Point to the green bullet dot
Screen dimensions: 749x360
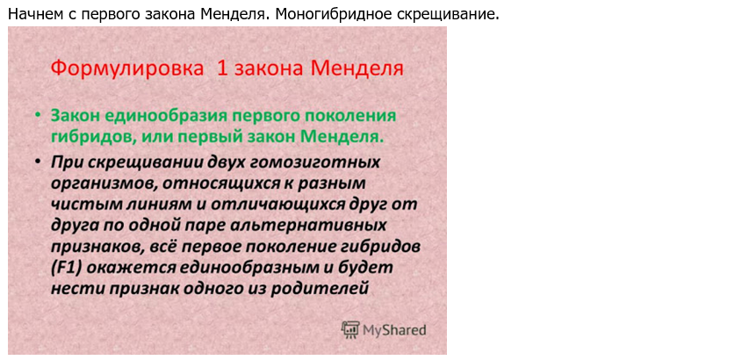click(x=38, y=116)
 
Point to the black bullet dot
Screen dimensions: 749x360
click(x=38, y=162)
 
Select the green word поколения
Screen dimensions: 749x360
click(x=350, y=118)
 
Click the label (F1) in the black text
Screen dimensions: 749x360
click(x=67, y=269)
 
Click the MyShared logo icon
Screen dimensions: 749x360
click(x=350, y=329)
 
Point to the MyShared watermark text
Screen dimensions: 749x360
click(x=394, y=330)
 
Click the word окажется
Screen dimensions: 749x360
click(x=131, y=269)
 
